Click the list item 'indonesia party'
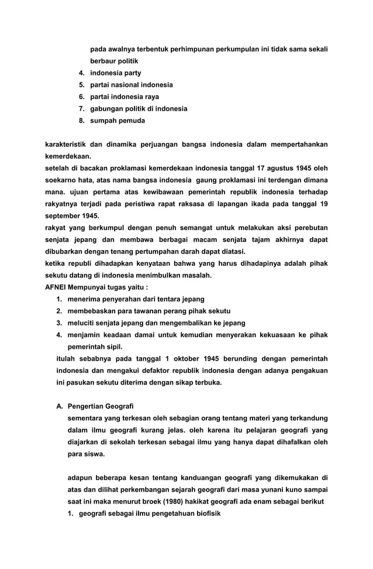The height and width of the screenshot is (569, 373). pyautogui.click(x=115, y=73)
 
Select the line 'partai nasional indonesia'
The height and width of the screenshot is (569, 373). pyautogui.click(x=131, y=85)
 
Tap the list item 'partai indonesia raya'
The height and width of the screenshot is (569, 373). pyautogui.click(x=124, y=97)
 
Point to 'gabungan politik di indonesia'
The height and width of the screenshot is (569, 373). pyautogui.click(x=138, y=109)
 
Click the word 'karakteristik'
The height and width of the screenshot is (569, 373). pyautogui.click(x=67, y=144)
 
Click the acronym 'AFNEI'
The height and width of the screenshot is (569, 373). pyautogui.click(x=56, y=287)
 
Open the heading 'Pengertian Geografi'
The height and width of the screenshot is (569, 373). pyautogui.click(x=101, y=406)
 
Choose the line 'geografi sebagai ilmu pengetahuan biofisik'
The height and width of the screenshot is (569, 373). pyautogui.click(x=148, y=513)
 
